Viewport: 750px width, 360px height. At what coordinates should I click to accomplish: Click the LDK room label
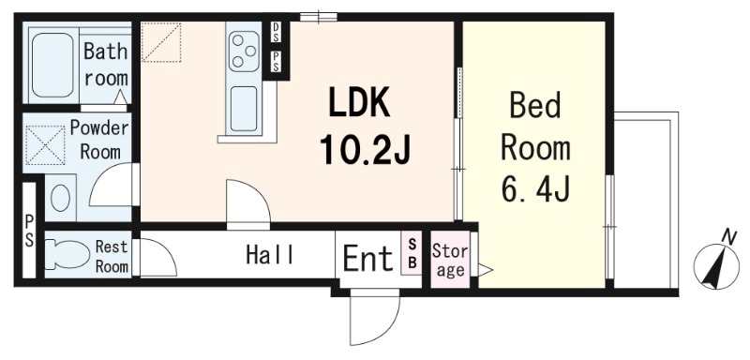358,103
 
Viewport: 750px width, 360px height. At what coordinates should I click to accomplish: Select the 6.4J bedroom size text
535,187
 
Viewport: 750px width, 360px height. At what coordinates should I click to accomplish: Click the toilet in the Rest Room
67,253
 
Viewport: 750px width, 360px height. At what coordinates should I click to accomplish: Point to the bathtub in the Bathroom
52,65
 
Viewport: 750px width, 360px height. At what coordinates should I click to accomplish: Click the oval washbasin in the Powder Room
60,198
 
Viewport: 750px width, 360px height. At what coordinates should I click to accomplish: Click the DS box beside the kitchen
277,33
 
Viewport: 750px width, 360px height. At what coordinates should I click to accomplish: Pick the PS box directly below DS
277,62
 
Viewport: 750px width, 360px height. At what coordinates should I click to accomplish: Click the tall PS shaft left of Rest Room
29,230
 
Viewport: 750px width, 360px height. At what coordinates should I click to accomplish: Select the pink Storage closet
450,260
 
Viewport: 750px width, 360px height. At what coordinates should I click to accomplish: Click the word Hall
270,254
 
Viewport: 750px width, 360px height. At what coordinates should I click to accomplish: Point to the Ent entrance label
367,258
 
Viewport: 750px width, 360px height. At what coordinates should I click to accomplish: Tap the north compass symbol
716,263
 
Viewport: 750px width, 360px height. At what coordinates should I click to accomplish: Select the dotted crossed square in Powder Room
45,145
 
